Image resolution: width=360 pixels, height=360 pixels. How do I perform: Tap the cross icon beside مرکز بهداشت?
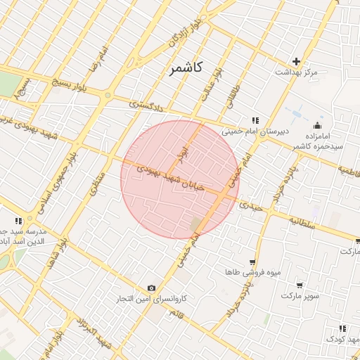[296, 62]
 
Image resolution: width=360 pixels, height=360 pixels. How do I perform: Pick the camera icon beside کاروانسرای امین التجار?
[151, 288]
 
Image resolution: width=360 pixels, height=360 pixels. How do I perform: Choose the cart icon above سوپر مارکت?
[300, 285]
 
